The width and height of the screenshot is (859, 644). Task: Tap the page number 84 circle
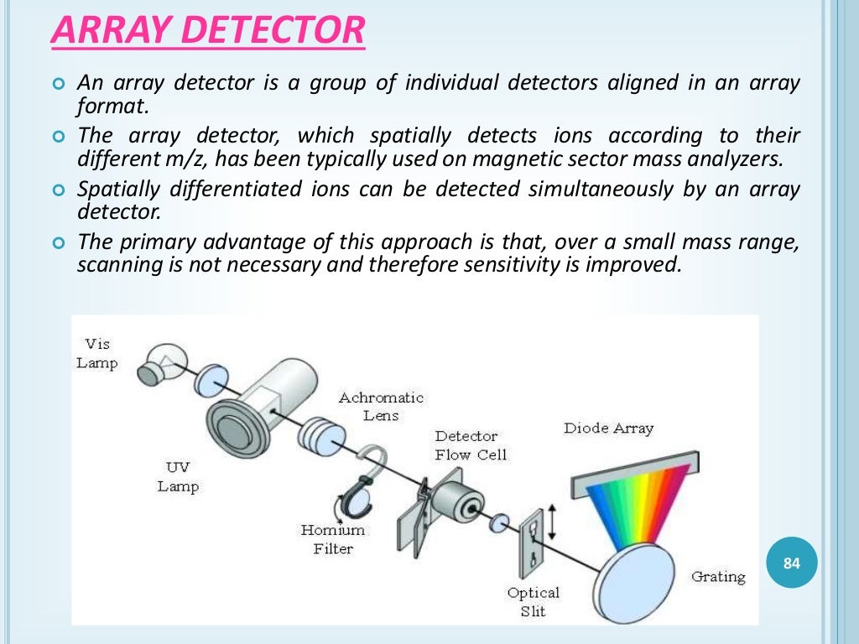(791, 563)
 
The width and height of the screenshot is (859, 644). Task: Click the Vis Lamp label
(97, 353)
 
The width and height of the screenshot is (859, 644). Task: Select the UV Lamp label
(178, 477)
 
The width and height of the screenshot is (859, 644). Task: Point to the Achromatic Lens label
(381, 406)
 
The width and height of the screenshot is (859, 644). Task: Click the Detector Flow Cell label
(471, 445)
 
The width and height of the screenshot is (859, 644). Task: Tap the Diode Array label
(608, 428)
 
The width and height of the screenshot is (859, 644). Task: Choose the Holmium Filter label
(333, 539)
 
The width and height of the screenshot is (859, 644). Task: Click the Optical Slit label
(533, 602)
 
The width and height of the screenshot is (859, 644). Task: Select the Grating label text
(718, 577)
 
